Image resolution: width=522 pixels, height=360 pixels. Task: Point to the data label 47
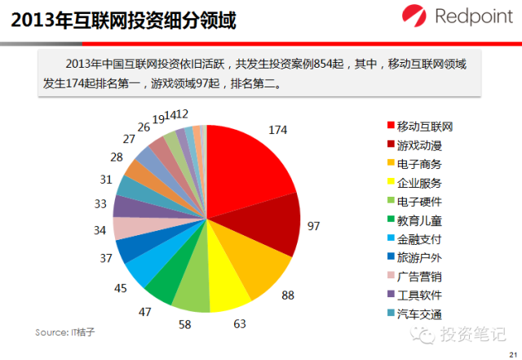[x=144, y=312]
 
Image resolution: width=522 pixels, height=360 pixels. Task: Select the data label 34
[x=100, y=231]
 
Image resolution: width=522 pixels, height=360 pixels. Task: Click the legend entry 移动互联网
[x=425, y=127]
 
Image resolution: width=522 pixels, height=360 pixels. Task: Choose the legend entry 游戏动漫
[x=419, y=145]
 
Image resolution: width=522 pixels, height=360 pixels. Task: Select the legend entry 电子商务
[x=419, y=164]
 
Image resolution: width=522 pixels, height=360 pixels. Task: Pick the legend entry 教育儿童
[x=419, y=220]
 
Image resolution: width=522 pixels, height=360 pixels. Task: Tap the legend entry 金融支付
[x=419, y=239]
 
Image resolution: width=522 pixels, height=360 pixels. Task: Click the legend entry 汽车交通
[x=419, y=314]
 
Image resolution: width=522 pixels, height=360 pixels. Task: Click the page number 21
[x=511, y=353]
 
